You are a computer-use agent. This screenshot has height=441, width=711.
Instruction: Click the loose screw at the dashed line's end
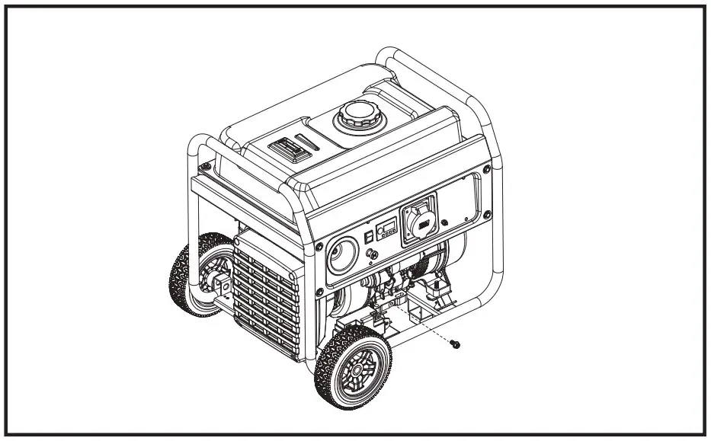[455, 345]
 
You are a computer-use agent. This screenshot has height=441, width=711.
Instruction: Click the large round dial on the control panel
[342, 257]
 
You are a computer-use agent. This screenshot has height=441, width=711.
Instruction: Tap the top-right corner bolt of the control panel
[483, 169]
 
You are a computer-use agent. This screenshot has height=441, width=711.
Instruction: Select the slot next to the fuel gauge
[308, 140]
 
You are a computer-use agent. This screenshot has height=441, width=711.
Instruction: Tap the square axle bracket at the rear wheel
[222, 286]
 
